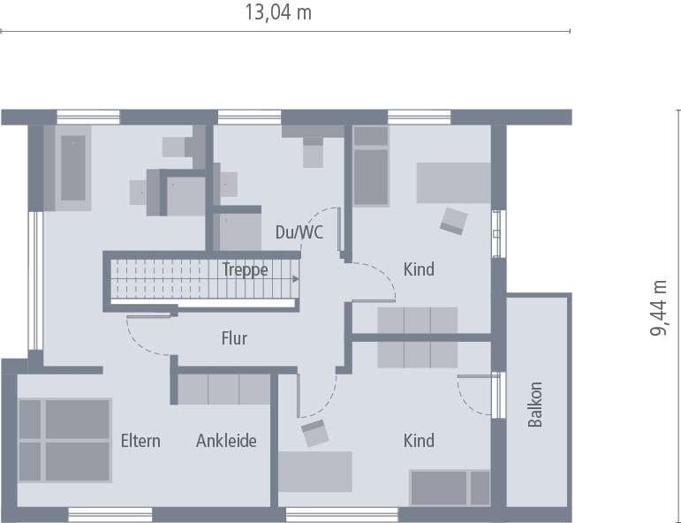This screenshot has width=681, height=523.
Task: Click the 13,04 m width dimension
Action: [x=277, y=13]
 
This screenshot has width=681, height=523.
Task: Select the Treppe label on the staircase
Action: [x=245, y=270]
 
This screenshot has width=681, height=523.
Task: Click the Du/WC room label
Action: [x=299, y=233]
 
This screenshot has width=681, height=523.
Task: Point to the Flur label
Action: [x=234, y=338]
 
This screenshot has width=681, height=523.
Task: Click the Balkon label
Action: [x=535, y=405]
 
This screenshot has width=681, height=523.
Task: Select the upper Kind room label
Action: [x=419, y=269]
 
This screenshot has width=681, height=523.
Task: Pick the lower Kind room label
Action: [x=419, y=440]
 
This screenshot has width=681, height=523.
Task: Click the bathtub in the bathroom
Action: [x=72, y=168]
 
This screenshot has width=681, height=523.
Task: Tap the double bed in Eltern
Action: [x=64, y=440]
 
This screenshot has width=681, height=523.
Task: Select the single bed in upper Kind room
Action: [x=371, y=165]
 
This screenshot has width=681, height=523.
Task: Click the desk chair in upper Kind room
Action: [x=454, y=220]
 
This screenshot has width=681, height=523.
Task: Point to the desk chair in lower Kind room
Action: [x=314, y=433]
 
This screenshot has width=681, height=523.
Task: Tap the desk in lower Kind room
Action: [x=315, y=471]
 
